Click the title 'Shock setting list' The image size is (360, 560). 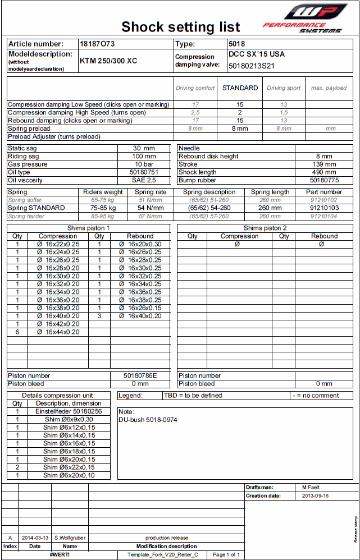[x=181, y=27]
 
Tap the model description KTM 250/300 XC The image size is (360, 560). [x=108, y=61]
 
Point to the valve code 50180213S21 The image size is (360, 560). [x=252, y=66]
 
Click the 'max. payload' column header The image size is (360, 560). [x=329, y=88]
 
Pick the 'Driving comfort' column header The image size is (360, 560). [x=195, y=88]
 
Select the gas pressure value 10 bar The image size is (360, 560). [x=144, y=164]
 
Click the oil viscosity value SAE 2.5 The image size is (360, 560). [x=144, y=181]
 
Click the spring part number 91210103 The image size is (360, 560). [x=323, y=208]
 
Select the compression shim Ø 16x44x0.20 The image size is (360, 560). [x=58, y=332]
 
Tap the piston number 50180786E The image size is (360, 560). [x=140, y=375]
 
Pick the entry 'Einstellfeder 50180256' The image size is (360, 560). [x=69, y=411]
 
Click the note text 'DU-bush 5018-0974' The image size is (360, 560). [x=148, y=420]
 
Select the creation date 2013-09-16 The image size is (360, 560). [x=315, y=496]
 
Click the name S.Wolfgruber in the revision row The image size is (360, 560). [x=70, y=538]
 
